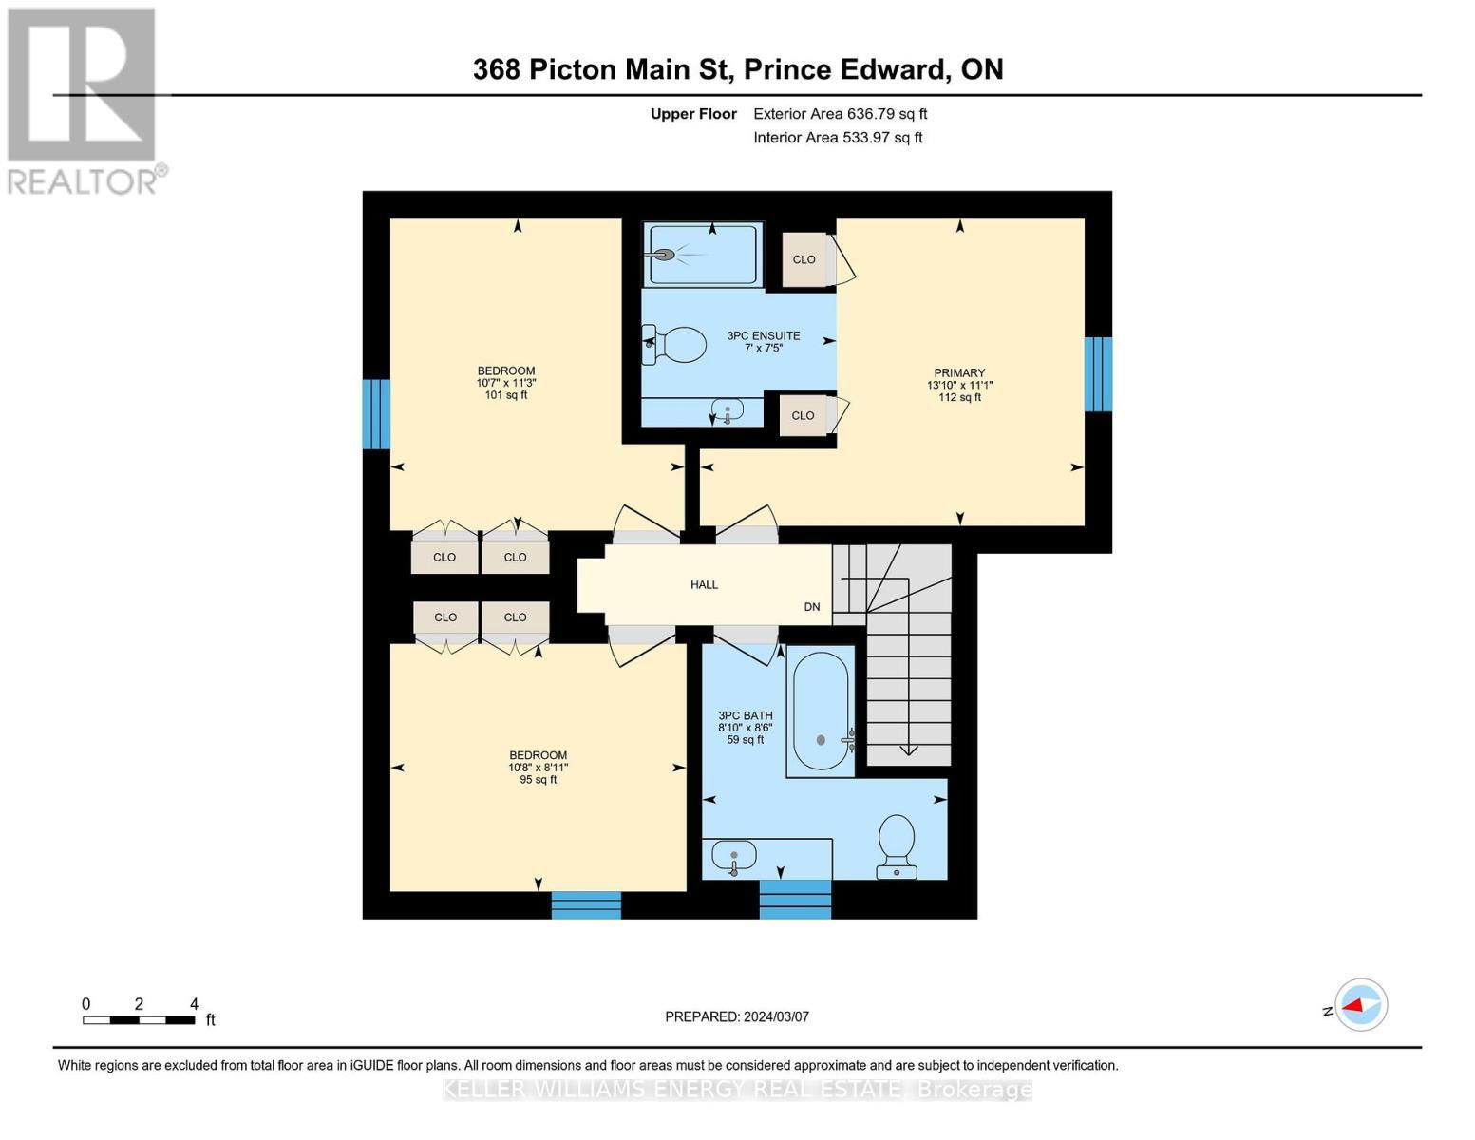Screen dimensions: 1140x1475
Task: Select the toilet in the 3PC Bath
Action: click(897, 845)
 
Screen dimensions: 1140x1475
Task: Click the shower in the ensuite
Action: click(703, 254)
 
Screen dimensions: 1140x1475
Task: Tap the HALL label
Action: click(704, 584)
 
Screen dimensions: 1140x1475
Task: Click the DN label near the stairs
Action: click(812, 607)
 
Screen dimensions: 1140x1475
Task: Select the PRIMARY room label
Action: click(959, 373)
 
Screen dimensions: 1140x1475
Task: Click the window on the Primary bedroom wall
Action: click(1098, 374)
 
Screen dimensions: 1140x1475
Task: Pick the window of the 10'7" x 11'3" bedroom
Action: click(377, 414)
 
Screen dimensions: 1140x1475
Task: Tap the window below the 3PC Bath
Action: click(795, 899)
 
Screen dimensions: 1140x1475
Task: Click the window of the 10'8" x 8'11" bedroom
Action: click(586, 904)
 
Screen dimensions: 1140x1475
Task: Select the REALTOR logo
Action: click(84, 101)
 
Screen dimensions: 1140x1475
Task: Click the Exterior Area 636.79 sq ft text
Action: click(840, 114)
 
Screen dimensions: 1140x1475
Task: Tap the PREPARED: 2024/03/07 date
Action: click(737, 1016)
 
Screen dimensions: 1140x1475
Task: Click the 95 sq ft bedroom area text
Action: click(538, 780)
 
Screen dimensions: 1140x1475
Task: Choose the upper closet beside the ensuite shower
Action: click(804, 259)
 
